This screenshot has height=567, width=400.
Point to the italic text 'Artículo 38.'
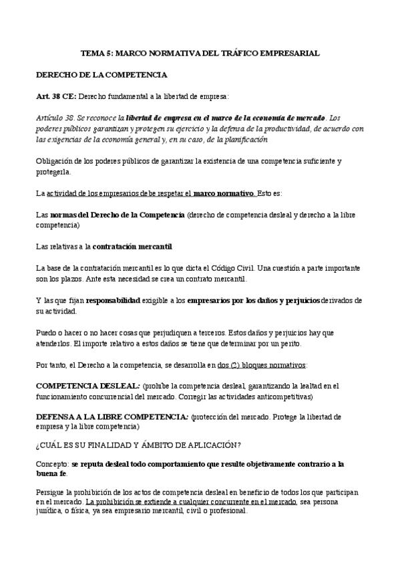(57, 117)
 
